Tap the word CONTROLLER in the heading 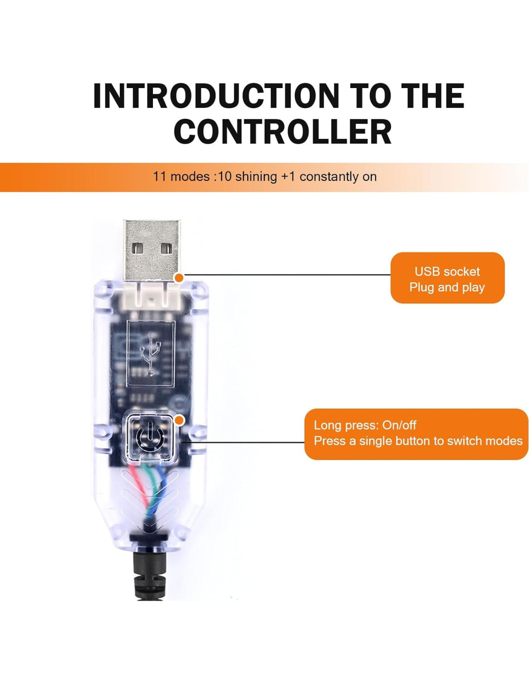[282, 132]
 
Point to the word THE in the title [432, 96]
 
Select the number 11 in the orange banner [160, 177]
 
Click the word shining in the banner [256, 177]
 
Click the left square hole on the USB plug [138, 248]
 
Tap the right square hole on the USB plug [166, 248]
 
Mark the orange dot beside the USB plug [179, 278]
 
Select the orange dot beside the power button [179, 420]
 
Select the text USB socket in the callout [447, 271]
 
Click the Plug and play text [447, 287]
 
